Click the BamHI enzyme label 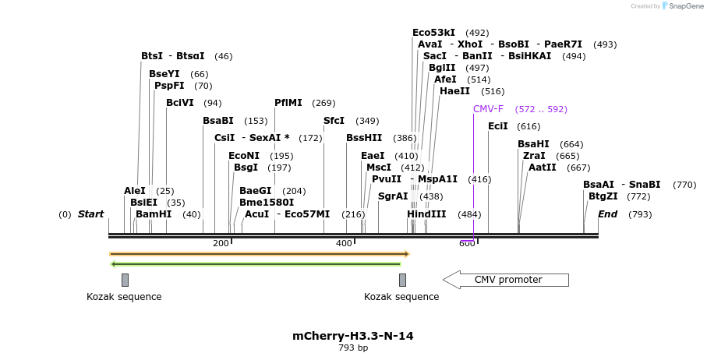[x=154, y=214]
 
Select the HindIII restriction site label [x=426, y=214]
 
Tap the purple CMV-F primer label [x=488, y=109]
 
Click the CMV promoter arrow [x=507, y=280]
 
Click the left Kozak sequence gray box [x=125, y=280]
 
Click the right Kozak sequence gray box [x=402, y=280]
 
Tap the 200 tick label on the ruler [x=221, y=244]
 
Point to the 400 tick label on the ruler [x=344, y=244]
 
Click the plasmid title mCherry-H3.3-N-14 [x=352, y=336]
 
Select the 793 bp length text [x=352, y=348]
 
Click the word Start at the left [x=90, y=214]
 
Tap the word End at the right [x=607, y=214]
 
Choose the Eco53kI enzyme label [x=433, y=33]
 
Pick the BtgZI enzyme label [x=603, y=196]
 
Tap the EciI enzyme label [x=497, y=126]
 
